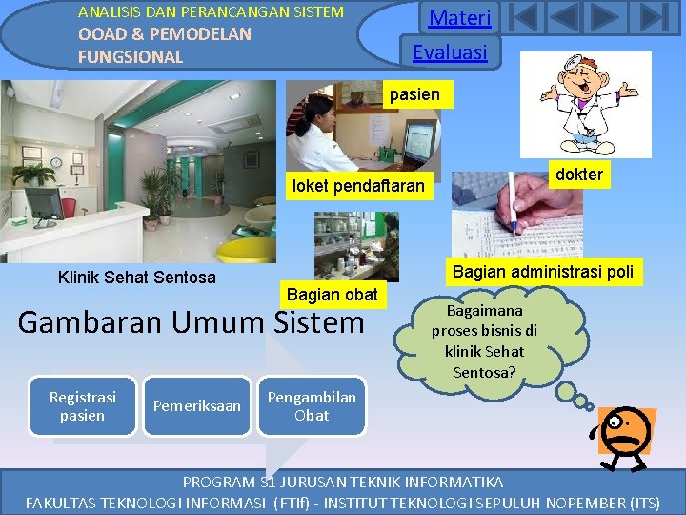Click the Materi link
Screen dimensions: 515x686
[459, 18]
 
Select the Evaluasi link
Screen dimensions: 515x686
[450, 51]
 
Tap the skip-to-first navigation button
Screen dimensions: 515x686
[526, 18]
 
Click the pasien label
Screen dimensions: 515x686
[414, 93]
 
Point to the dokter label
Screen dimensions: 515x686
[578, 174]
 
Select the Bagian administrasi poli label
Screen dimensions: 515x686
[542, 272]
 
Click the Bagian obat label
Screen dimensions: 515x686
[332, 295]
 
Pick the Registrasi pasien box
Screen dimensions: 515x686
[82, 406]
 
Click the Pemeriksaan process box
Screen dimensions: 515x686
[196, 406]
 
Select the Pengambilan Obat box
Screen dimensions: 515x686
[312, 406]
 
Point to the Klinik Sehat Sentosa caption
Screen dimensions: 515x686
[136, 278]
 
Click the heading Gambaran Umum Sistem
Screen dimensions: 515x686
[191, 322]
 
